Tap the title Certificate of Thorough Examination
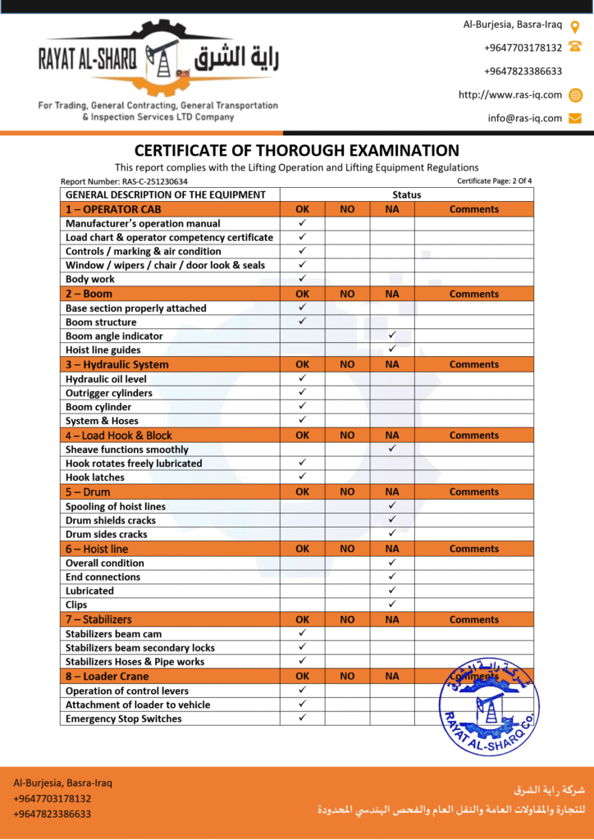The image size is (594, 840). click(296, 151)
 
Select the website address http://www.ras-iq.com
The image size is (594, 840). click(510, 95)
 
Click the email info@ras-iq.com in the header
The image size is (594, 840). click(525, 118)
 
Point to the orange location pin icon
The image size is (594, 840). click(575, 25)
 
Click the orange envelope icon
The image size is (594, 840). click(575, 118)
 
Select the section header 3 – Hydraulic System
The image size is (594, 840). click(117, 364)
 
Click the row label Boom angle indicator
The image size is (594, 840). click(114, 336)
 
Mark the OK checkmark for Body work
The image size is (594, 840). click(302, 279)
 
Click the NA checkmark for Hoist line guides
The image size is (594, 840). click(392, 349)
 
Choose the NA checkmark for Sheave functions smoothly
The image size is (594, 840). click(392, 450)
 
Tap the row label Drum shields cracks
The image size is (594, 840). click(111, 520)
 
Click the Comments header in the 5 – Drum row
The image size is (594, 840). click(473, 492)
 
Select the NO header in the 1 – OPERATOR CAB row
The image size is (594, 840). click(347, 209)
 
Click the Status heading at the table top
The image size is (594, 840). click(406, 195)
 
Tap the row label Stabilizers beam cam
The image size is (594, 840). click(113, 633)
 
